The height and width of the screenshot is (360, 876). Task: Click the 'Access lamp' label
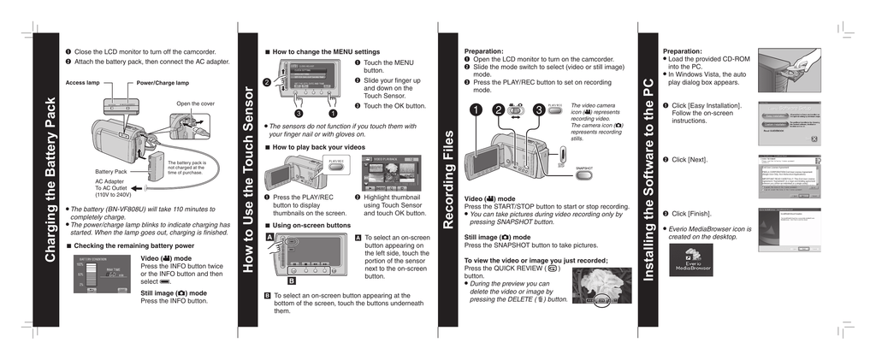(83, 83)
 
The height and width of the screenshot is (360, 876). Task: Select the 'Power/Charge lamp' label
(163, 83)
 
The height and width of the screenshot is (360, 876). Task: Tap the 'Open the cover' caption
(196, 103)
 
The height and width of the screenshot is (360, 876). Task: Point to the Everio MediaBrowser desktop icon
(692, 259)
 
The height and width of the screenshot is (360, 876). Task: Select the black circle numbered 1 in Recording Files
(475, 109)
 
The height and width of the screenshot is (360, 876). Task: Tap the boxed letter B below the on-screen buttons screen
(291, 280)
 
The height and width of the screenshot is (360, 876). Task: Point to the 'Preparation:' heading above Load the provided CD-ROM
(683, 51)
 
